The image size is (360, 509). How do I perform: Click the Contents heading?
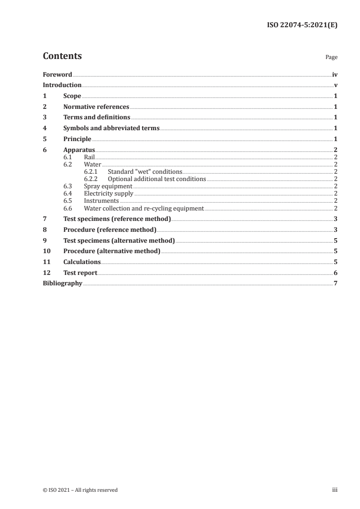tap(62, 56)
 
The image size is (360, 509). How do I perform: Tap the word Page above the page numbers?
tap(331, 58)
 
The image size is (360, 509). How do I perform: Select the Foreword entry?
tap(57, 74)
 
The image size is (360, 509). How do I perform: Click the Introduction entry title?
tap(62, 85)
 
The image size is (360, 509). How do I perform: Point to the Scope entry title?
tap(72, 96)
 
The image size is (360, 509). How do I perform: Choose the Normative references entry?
tap(96, 107)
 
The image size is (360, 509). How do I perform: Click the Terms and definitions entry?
tap(97, 117)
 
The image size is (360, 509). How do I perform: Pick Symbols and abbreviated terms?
tap(111, 128)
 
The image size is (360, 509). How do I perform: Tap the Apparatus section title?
tap(79, 150)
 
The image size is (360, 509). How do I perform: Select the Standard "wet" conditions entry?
tap(145, 172)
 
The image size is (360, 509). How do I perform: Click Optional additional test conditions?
tap(157, 179)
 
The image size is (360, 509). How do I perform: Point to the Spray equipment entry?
tap(108, 186)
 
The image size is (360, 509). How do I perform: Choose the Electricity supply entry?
tap(108, 194)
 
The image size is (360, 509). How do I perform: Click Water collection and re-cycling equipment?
tap(144, 208)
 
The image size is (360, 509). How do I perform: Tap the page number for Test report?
tap(335, 273)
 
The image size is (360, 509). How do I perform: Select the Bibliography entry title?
tap(62, 284)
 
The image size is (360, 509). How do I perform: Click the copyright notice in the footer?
tap(80, 490)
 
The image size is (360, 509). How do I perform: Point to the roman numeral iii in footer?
tap(335, 490)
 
